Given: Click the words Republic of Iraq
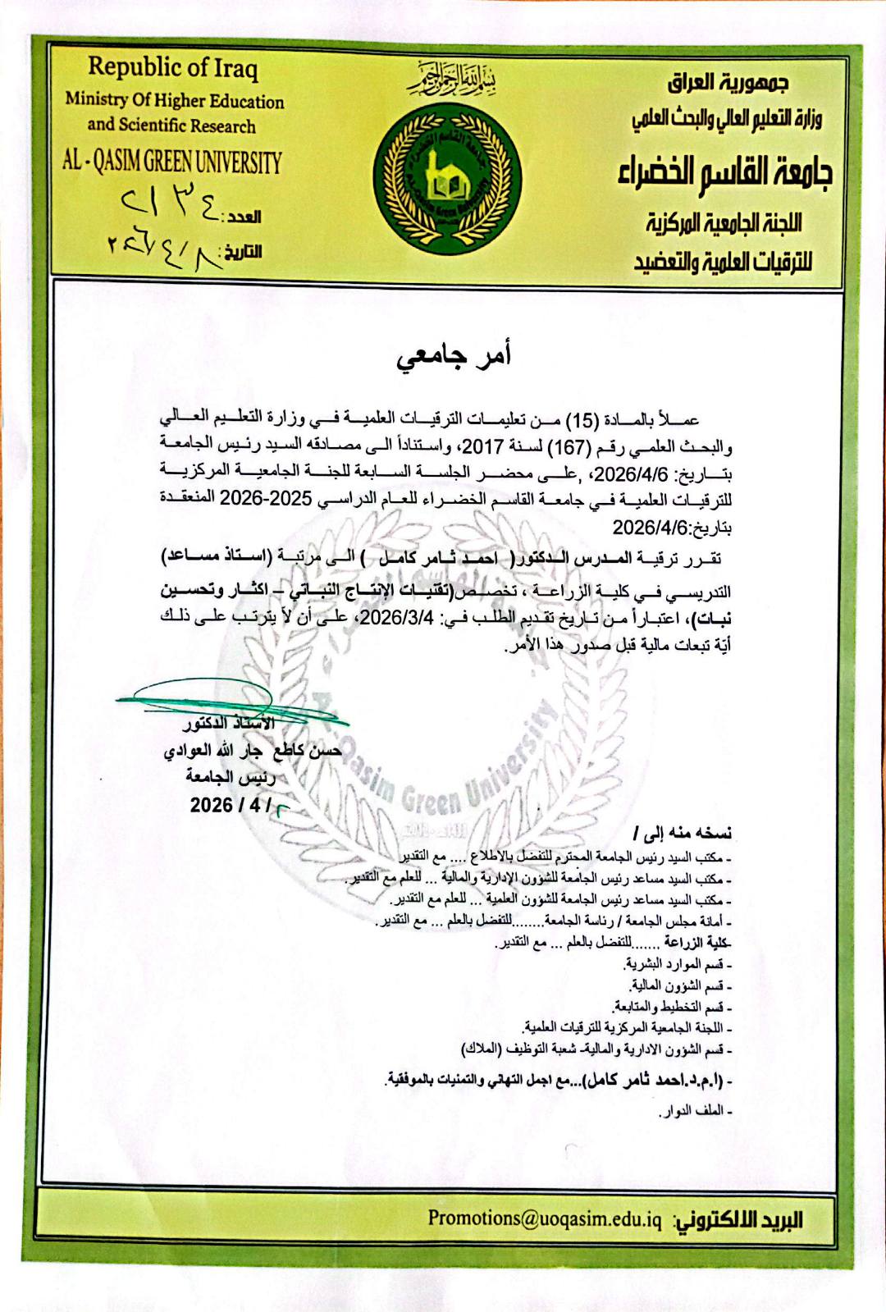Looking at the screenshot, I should [x=173, y=67].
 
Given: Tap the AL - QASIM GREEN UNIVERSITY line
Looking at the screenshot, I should [x=172, y=162].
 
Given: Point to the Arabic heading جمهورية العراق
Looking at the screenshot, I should [x=728, y=83].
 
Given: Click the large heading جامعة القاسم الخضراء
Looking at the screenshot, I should [x=725, y=171].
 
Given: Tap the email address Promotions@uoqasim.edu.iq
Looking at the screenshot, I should [x=544, y=1218].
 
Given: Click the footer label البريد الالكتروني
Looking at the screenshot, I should [x=738, y=1219].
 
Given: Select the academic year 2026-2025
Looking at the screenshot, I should [x=270, y=498].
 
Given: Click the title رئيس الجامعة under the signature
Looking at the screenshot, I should [x=231, y=776].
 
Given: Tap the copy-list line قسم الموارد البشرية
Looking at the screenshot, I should [x=678, y=963].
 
